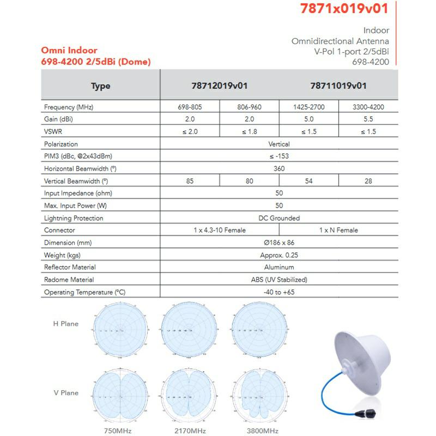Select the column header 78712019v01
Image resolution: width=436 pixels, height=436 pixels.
220,86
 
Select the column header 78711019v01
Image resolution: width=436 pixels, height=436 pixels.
338,86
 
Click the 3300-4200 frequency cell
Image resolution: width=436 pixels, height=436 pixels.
368,107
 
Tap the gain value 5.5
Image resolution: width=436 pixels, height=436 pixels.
368,119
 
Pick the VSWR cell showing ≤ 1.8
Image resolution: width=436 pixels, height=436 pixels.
249,132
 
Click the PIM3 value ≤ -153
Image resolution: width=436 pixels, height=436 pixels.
279,156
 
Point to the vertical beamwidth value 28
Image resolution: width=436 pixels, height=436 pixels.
368,181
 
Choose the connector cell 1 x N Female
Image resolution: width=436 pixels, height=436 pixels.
338,230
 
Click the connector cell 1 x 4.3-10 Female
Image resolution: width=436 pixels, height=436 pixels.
220,230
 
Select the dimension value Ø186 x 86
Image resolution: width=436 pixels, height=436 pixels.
279,243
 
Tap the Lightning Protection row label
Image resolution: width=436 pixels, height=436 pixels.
74,218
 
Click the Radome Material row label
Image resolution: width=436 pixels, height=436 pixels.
69,280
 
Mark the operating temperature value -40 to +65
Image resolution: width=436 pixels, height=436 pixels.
279,292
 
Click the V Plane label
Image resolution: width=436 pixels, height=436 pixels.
65,393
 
